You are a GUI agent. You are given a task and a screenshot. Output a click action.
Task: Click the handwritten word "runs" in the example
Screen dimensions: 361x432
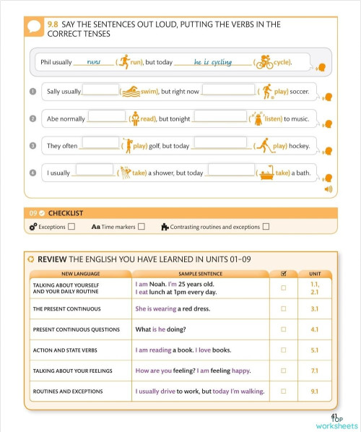pos(93,62)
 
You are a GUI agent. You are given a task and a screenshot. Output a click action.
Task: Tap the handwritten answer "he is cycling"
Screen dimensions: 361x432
pos(213,63)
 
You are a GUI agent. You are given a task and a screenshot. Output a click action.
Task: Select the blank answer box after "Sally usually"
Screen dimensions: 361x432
pos(100,91)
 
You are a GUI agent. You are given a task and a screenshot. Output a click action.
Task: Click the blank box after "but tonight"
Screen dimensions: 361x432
pos(220,118)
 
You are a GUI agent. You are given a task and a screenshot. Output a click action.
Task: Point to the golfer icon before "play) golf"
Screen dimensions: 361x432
pos(128,145)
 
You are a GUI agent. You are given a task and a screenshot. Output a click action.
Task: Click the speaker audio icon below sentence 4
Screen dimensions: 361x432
pos(329,189)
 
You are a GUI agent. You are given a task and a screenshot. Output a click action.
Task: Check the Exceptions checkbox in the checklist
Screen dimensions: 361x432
pos(71,227)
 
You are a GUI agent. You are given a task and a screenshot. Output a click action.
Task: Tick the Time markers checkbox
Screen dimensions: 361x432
pos(142,227)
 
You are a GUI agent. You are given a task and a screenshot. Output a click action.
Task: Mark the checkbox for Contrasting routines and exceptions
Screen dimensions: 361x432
pos(266,227)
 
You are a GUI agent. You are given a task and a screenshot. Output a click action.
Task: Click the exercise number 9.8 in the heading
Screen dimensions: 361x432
pos(53,25)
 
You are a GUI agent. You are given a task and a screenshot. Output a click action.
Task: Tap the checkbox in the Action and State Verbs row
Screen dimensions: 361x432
pos(283,350)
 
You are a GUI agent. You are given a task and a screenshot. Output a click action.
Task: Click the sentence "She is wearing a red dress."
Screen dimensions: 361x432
pos(173,309)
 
